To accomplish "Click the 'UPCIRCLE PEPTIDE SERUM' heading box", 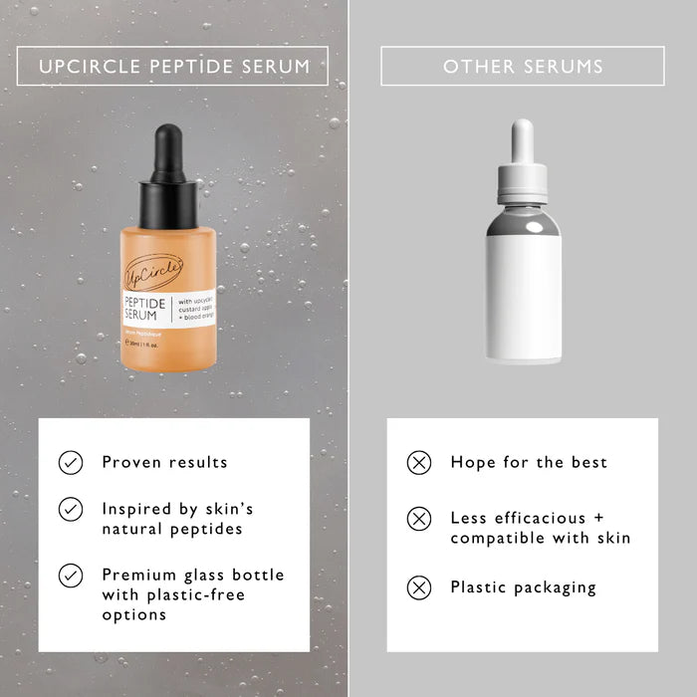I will click(x=173, y=67).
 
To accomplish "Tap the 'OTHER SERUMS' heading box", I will click(x=523, y=67).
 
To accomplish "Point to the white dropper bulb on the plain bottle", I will click(x=522, y=138).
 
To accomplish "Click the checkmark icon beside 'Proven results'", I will click(x=71, y=462).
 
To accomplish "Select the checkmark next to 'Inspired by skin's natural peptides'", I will click(x=71, y=509).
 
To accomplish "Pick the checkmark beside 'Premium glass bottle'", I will click(x=71, y=576).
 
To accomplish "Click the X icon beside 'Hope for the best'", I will click(x=419, y=462).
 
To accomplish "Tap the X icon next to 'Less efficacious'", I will click(x=419, y=519).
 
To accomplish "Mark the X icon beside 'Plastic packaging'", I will click(x=419, y=587).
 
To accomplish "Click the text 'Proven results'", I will click(x=164, y=462).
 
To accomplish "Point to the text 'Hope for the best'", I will click(x=528, y=462).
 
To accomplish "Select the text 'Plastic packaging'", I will click(x=523, y=587).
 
